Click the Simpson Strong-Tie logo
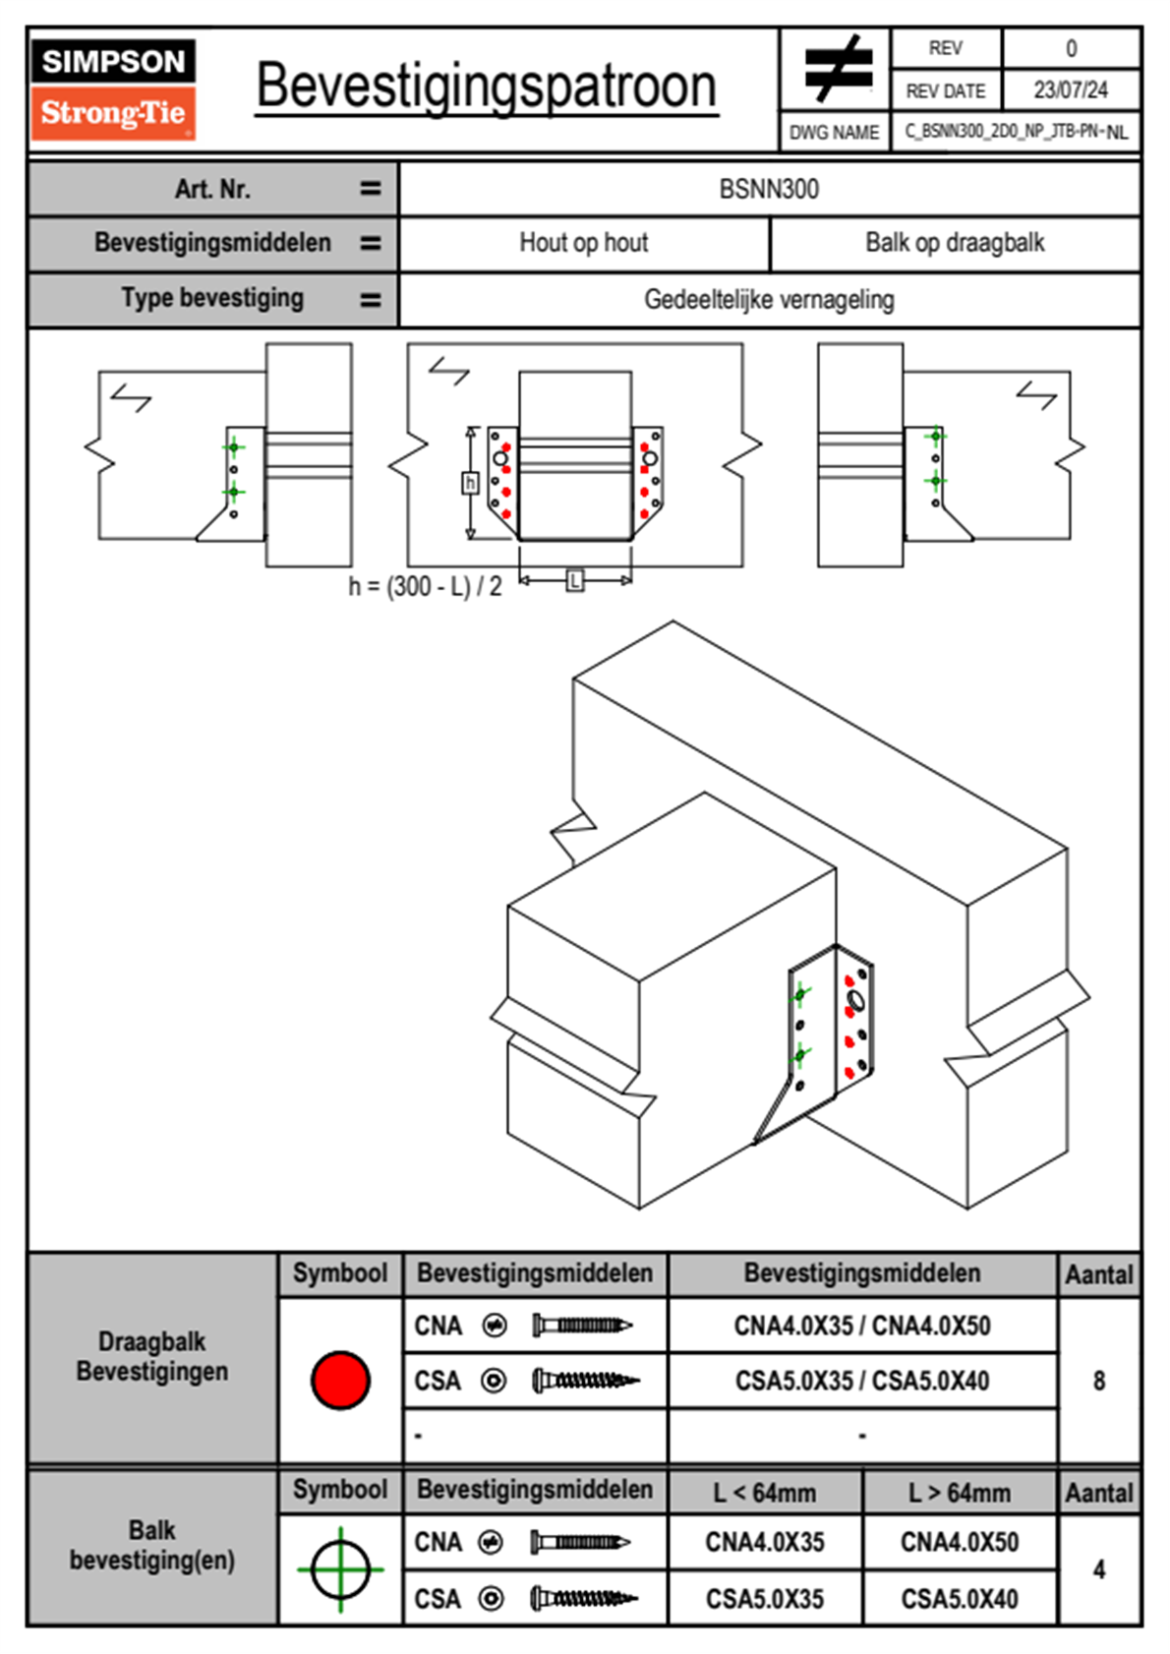113,89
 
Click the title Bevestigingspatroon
486,87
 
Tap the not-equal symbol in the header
838,69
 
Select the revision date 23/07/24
1070,90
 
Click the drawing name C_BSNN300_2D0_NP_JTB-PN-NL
1016,132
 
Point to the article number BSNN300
769,189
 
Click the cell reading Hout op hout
584,243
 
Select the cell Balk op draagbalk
955,243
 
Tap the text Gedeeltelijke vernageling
769,300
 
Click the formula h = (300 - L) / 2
425,587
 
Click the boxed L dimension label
575,580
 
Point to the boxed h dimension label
470,483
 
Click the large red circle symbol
340,1380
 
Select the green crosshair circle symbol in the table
340,1569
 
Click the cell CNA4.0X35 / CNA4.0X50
862,1326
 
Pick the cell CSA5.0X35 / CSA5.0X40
862,1381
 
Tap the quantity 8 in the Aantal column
1099,1381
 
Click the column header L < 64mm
765,1493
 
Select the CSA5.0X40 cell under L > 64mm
960,1599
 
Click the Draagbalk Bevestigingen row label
152,1356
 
